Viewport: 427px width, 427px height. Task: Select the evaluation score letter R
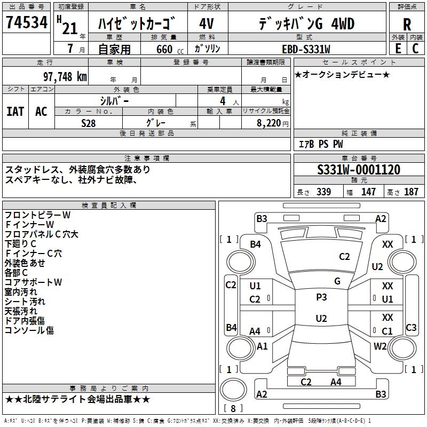(407, 25)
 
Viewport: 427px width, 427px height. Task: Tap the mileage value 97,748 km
(65, 77)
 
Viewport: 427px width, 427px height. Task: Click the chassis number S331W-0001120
(358, 170)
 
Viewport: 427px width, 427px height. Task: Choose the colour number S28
(89, 122)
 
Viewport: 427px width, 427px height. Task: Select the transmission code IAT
(15, 111)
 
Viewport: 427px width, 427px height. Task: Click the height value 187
(411, 192)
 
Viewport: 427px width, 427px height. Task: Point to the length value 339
(323, 192)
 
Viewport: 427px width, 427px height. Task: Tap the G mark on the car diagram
(337, 281)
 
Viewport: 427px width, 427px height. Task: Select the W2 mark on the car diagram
(380, 346)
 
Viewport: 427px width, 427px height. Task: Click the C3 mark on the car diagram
(411, 328)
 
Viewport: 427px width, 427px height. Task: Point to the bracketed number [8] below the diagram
(233, 409)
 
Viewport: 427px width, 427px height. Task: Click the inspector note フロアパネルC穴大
(42, 234)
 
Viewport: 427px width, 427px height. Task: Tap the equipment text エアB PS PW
(321, 144)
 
